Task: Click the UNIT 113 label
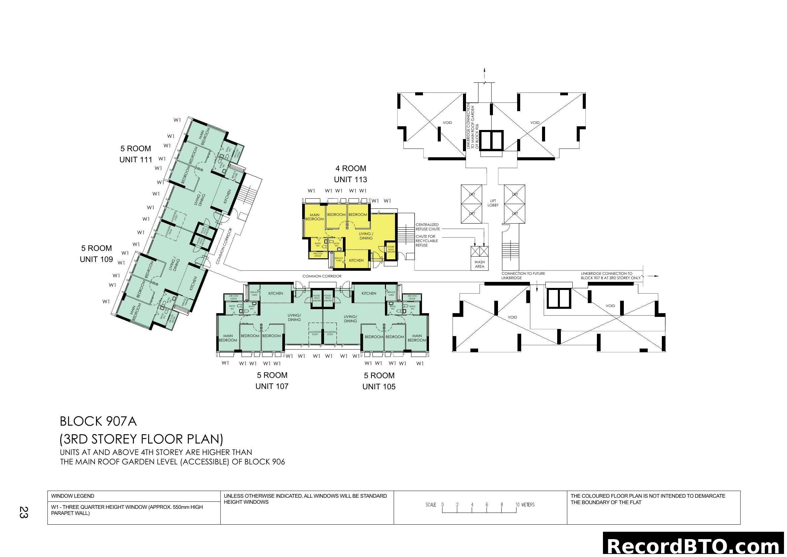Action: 350,179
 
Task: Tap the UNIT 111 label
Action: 136,160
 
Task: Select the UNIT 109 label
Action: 96,259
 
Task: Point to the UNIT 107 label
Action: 272,386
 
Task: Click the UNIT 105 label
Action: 379,387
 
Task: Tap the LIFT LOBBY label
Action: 493,203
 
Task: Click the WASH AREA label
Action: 479,264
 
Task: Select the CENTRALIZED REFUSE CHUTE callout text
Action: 427,227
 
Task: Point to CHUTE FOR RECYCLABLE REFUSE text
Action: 426,241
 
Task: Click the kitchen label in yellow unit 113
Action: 356,260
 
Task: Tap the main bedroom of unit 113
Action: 314,217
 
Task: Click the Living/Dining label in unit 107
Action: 294,317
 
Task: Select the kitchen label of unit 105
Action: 369,293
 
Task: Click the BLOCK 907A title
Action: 98,422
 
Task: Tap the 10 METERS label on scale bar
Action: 525,504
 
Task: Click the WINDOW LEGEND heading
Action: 73,496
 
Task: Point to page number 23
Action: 23,513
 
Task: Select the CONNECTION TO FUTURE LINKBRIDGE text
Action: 523,276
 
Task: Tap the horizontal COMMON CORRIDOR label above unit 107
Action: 322,276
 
